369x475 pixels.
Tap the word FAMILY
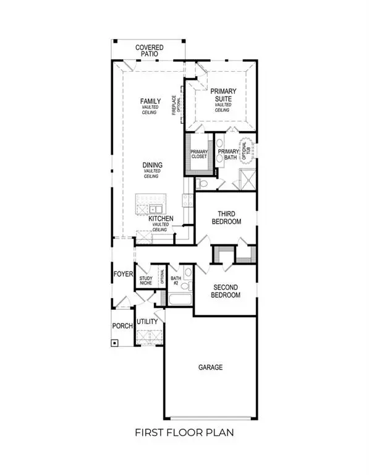click(x=151, y=101)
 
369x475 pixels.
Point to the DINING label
click(x=152, y=165)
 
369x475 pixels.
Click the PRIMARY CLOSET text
click(x=198, y=153)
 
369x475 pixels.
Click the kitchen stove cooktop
click(x=184, y=200)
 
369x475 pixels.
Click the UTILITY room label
click(x=147, y=322)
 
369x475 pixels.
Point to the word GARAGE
click(x=210, y=367)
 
